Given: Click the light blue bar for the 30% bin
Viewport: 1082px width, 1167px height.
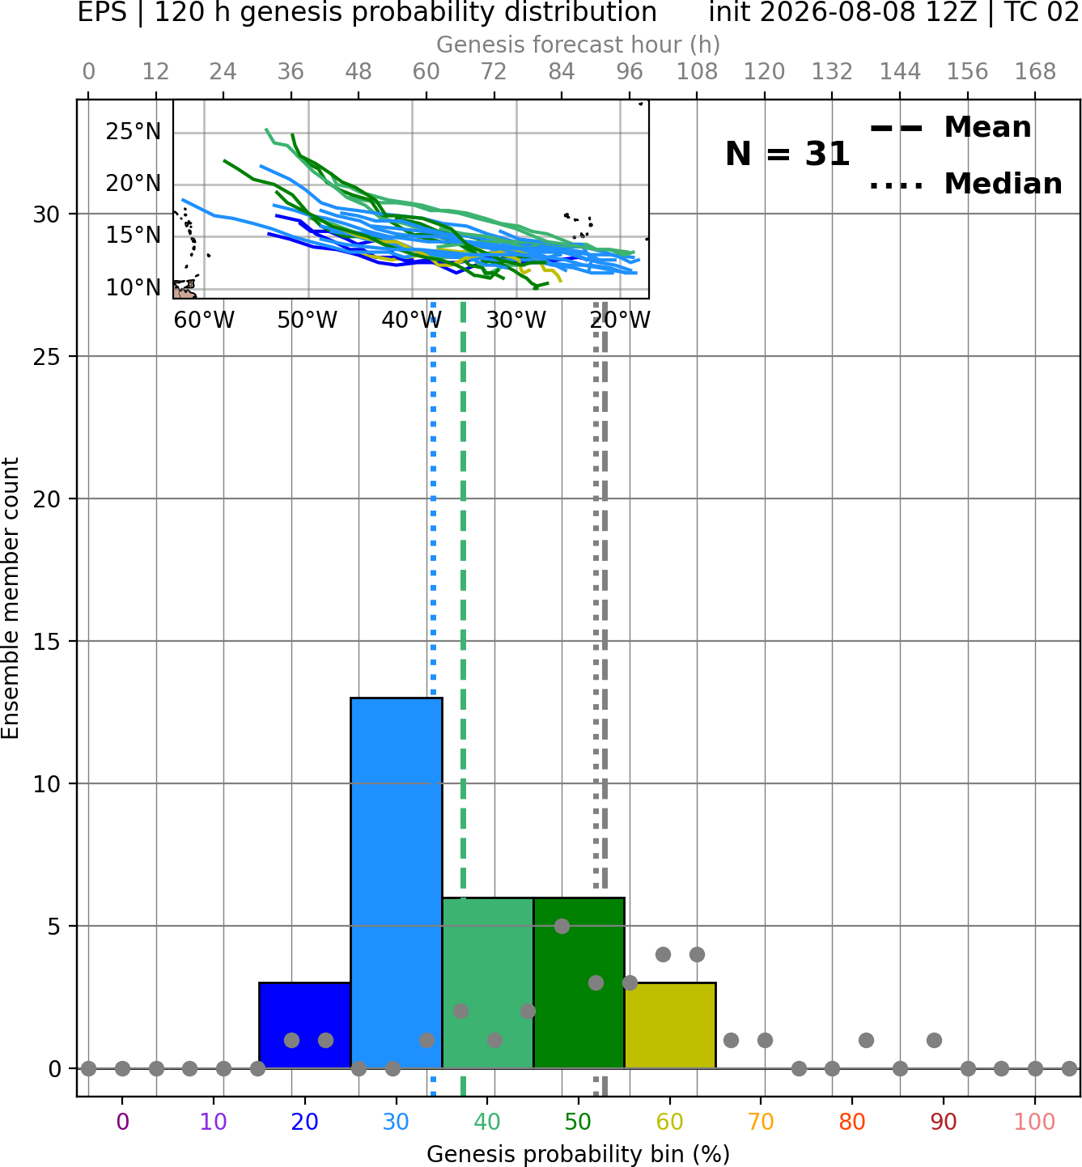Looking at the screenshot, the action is (396, 883).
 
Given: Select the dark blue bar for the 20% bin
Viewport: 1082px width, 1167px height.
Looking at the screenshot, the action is (305, 1025).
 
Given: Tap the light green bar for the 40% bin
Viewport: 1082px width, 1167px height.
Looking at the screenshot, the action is (488, 983).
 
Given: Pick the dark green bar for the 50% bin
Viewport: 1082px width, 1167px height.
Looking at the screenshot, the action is (579, 983).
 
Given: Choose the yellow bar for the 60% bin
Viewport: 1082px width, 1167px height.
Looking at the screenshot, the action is (670, 1025).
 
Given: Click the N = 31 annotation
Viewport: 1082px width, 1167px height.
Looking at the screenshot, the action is (787, 154).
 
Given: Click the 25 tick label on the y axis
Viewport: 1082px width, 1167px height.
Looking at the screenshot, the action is (47, 357).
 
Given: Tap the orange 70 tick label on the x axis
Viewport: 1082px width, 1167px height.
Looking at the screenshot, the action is (761, 1122).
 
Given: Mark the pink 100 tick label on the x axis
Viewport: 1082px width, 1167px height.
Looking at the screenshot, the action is (1034, 1122).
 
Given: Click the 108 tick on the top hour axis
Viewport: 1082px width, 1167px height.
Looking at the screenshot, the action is (697, 72).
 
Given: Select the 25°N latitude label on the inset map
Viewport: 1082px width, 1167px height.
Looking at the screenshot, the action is (134, 131).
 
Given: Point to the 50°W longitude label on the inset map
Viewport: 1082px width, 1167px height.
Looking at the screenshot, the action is (308, 320).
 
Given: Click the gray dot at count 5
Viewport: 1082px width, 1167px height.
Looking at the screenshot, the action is (562, 926).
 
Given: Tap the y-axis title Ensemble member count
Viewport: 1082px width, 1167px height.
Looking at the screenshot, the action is (10, 598).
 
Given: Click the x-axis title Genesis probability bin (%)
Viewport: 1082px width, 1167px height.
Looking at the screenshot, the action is (579, 1154).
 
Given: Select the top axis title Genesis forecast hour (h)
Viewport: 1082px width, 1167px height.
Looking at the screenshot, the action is (579, 45).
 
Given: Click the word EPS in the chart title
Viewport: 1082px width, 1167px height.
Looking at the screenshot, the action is (102, 12).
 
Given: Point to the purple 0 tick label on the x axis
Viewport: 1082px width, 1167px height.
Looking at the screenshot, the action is (122, 1122).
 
